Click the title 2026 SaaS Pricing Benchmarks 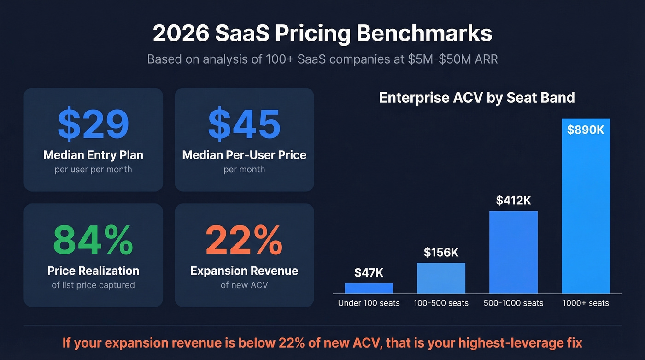[x=322, y=34]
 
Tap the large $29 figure [x=93, y=124]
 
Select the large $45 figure [x=244, y=124]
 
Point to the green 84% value [x=93, y=240]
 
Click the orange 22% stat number [x=244, y=240]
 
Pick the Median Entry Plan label [x=93, y=155]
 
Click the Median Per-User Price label [x=244, y=155]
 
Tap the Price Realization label [x=93, y=271]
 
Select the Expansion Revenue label [x=244, y=271]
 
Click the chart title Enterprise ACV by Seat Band [x=477, y=98]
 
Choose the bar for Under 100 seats [x=369, y=288]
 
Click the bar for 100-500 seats [x=441, y=278]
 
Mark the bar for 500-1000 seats [x=513, y=252]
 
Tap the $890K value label [x=585, y=130]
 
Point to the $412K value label [x=513, y=201]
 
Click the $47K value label [x=369, y=273]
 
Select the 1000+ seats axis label [x=585, y=303]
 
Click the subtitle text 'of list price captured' [x=93, y=285]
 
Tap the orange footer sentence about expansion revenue [x=322, y=343]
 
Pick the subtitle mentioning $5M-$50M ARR [x=322, y=59]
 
